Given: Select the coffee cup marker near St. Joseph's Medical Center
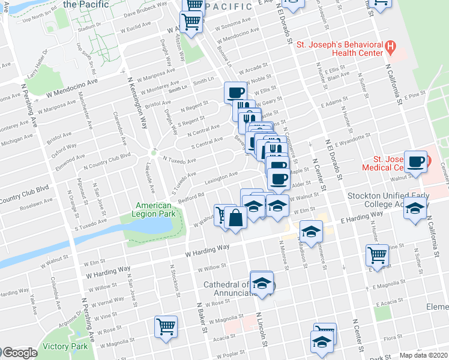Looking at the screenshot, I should pyautogui.click(x=416, y=161).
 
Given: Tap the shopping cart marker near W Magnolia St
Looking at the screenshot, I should pyautogui.click(x=166, y=327).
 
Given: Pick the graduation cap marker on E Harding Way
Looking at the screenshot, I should pyautogui.click(x=311, y=232).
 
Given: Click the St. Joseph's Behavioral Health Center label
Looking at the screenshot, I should pyautogui.click(x=339, y=49).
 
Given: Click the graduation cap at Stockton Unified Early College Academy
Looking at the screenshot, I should pyautogui.click(x=414, y=208).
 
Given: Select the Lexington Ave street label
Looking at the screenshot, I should pyautogui.click(x=221, y=178).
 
